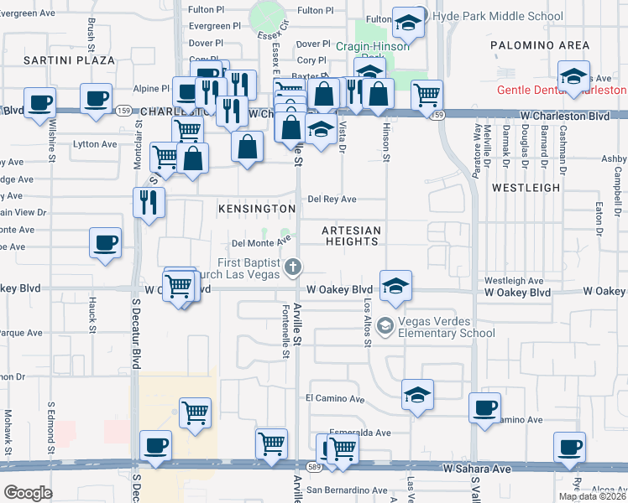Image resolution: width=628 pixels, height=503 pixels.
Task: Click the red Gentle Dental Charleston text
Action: pyautogui.click(x=562, y=90)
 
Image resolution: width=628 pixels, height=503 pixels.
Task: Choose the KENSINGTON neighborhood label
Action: pyautogui.click(x=257, y=208)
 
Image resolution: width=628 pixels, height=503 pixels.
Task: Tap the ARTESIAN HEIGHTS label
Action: pyautogui.click(x=353, y=236)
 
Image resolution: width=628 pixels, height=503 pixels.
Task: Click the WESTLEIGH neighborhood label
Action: pyautogui.click(x=526, y=188)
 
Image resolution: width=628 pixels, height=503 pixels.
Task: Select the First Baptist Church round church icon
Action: pyautogui.click(x=293, y=267)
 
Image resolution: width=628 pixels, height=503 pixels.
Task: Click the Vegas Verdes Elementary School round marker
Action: pyautogui.click(x=385, y=324)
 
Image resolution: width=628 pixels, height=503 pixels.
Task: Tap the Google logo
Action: pyautogui.click(x=27, y=493)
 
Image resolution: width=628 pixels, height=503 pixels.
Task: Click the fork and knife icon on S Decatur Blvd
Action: pyautogui.click(x=149, y=201)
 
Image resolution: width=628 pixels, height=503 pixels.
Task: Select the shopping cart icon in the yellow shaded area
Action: pyautogui.click(x=195, y=412)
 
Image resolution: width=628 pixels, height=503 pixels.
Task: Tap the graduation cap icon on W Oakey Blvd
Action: pyautogui.click(x=395, y=285)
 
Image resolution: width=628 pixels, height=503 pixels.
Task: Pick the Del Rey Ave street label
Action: pyautogui.click(x=332, y=199)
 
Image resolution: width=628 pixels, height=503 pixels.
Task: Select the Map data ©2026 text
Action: pyautogui.click(x=592, y=496)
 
